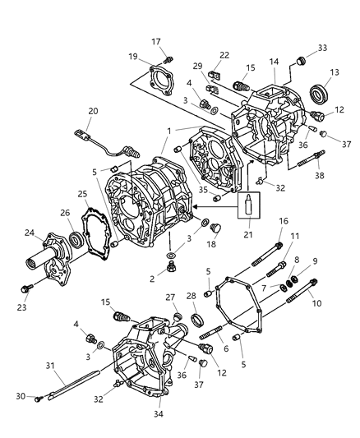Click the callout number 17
(x=156, y=41)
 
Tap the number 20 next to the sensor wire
(x=93, y=112)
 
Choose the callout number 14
(x=275, y=62)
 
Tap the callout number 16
(x=283, y=221)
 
